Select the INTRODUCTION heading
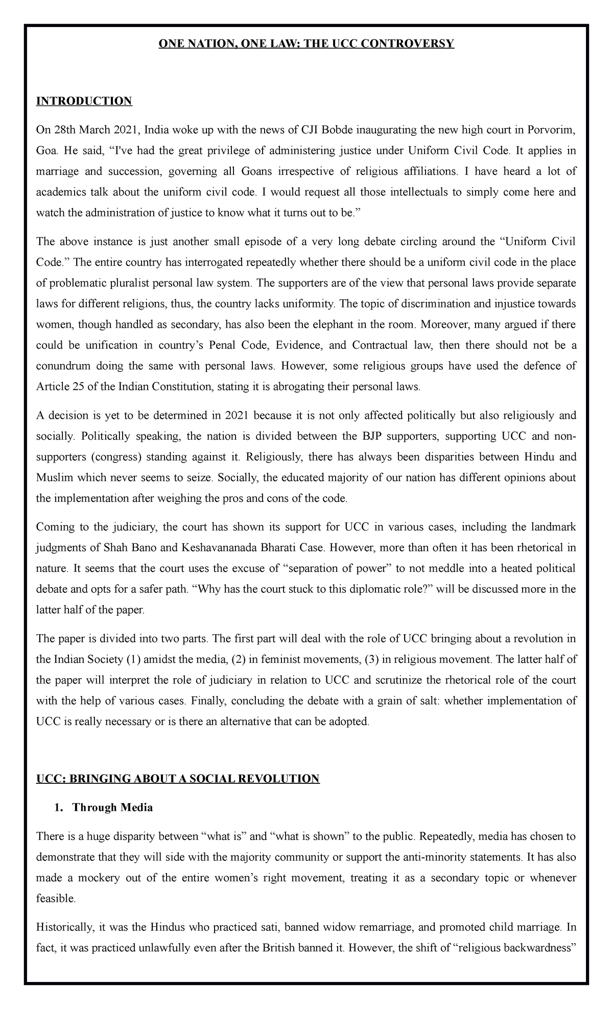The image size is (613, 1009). (84, 101)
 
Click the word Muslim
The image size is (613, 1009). (55, 477)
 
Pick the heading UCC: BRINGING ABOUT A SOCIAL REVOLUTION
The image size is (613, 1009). (177, 779)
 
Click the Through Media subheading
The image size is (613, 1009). (112, 808)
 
